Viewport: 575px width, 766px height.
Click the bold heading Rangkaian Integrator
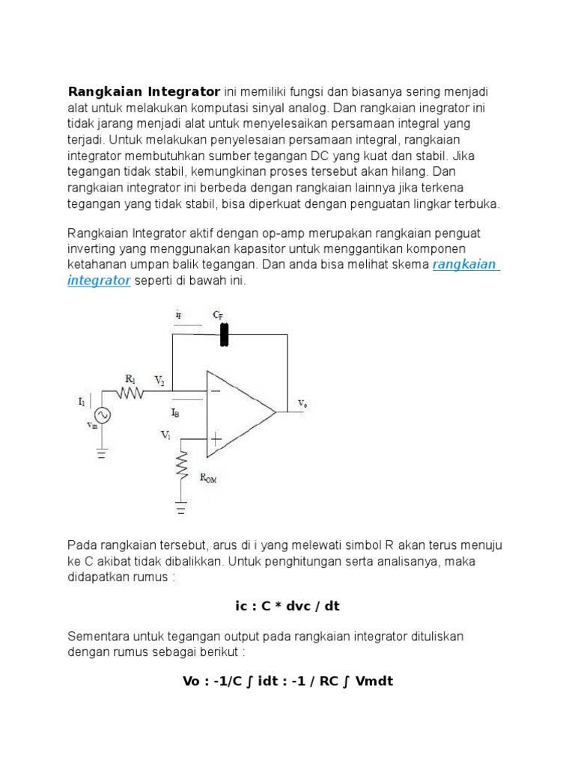(144, 92)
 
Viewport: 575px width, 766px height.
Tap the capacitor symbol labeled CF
(224, 334)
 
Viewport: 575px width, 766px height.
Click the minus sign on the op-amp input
(215, 390)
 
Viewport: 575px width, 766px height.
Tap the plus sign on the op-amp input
(215, 439)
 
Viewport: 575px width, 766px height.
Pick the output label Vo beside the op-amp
(302, 403)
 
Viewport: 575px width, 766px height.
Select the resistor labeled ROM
(181, 465)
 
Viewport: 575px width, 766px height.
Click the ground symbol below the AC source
(100, 452)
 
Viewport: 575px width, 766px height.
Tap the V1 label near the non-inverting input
(166, 433)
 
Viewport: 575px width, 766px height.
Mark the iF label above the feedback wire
(178, 316)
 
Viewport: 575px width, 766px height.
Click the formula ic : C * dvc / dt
(287, 606)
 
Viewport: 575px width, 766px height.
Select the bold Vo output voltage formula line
(287, 681)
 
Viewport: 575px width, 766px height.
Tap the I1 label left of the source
(82, 402)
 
